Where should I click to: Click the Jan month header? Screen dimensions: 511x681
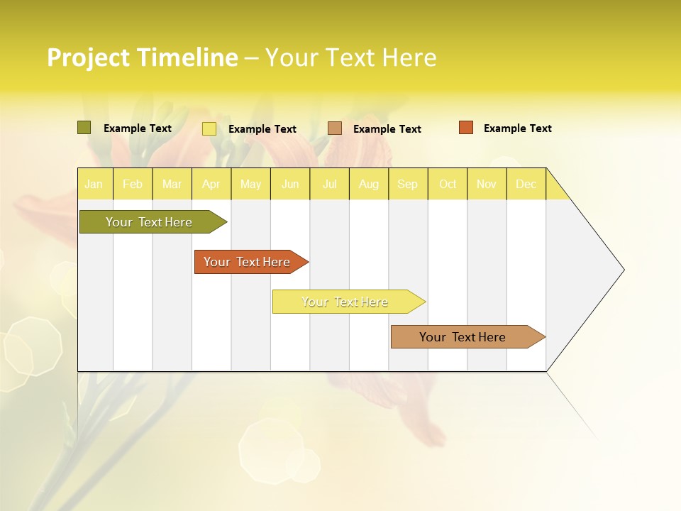click(x=94, y=184)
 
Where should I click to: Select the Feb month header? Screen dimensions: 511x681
click(x=133, y=184)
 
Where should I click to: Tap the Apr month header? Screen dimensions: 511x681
click(x=211, y=184)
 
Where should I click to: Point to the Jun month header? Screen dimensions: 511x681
click(x=290, y=184)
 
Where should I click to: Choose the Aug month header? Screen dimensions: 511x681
click(x=369, y=184)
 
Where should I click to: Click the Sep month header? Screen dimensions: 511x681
click(x=408, y=184)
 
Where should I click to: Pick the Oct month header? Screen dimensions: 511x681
click(x=448, y=184)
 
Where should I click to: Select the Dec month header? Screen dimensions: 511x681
click(x=526, y=184)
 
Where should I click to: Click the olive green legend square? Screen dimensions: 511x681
click(x=84, y=128)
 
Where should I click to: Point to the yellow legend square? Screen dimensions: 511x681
click(x=209, y=128)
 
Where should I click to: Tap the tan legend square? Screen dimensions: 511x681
click(x=335, y=128)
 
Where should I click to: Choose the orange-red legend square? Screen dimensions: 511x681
click(x=466, y=128)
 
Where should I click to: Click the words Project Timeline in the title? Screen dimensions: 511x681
click(x=142, y=57)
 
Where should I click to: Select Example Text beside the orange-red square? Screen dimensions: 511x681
click(x=517, y=128)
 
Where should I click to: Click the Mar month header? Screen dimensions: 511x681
click(x=172, y=184)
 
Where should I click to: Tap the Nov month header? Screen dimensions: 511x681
click(x=487, y=184)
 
